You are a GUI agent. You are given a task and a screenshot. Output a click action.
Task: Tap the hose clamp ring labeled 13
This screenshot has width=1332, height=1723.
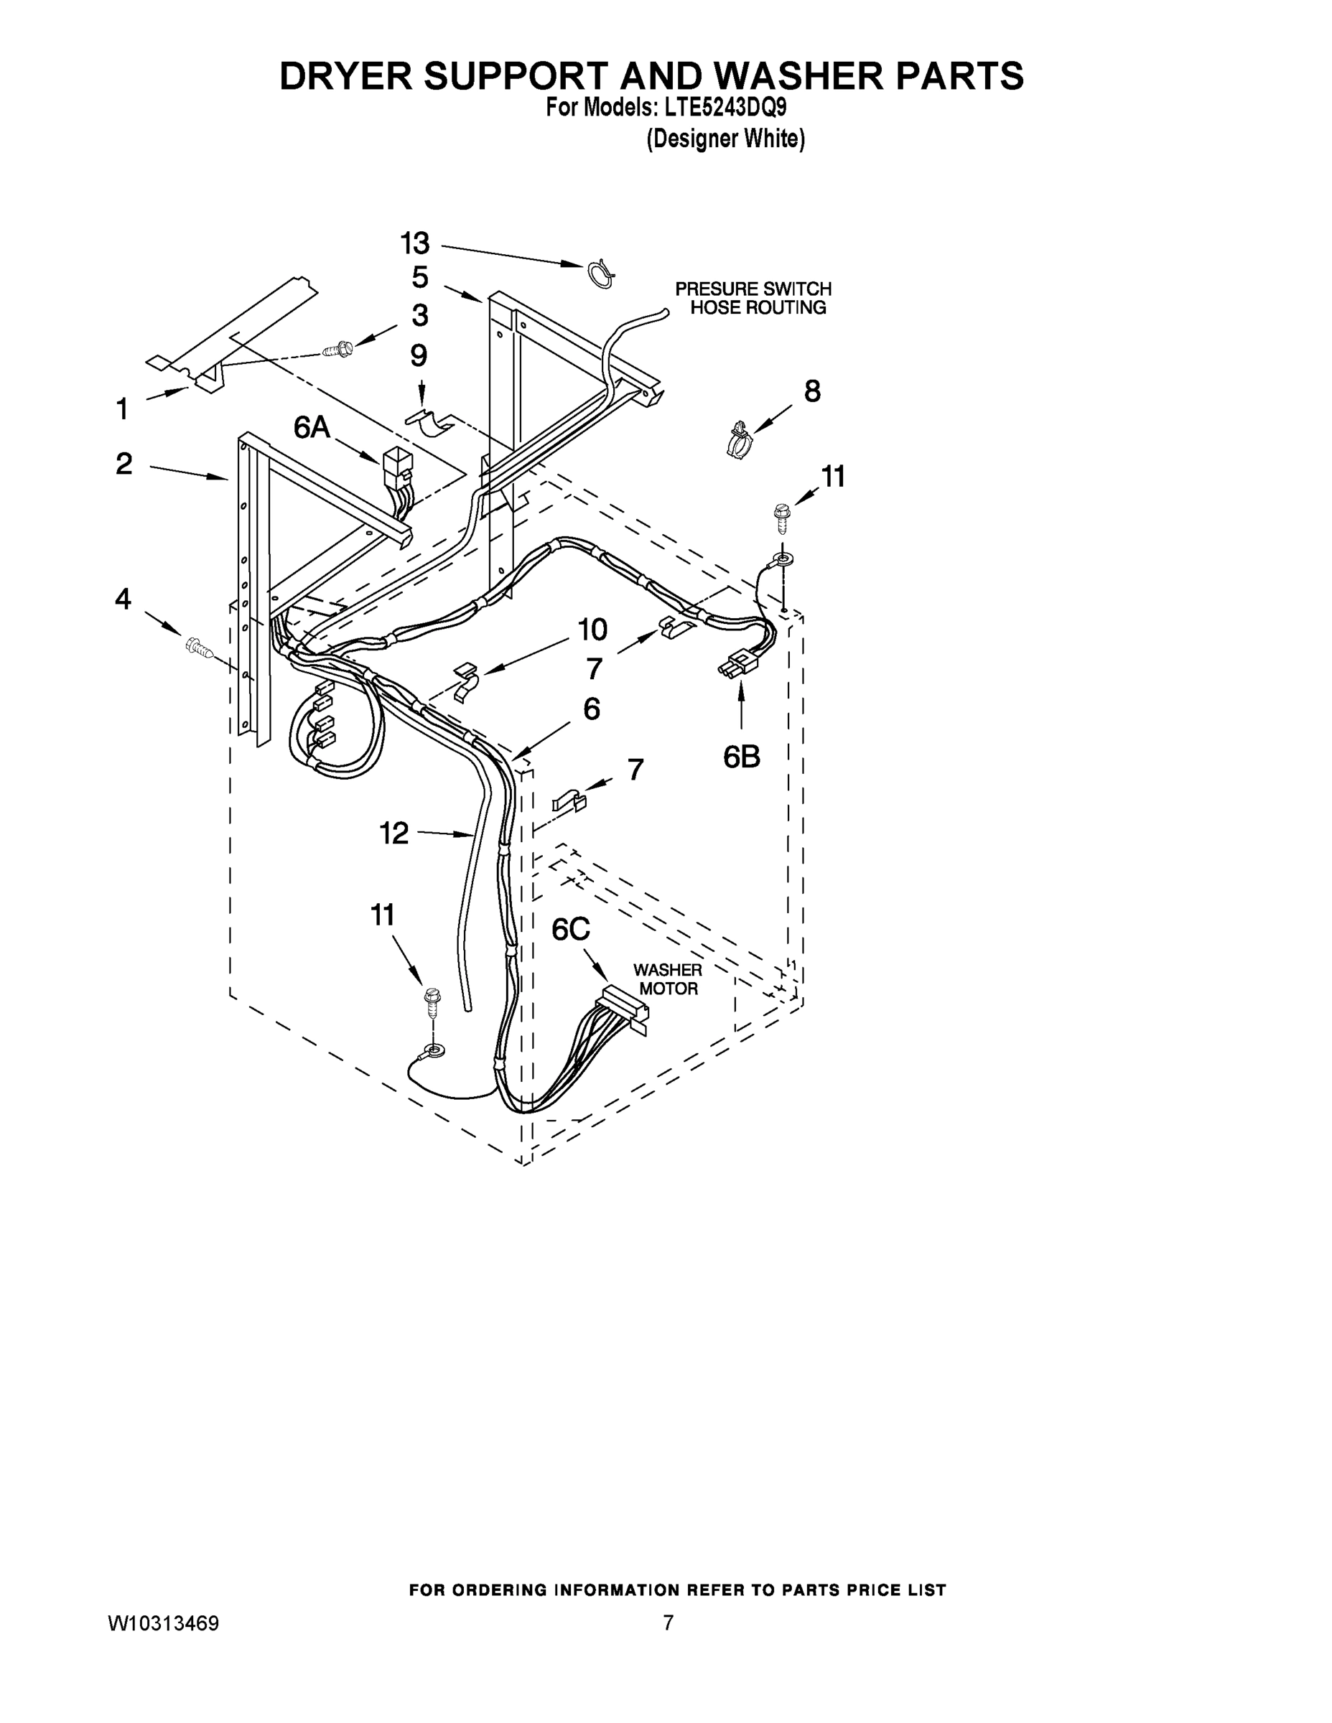[x=602, y=274]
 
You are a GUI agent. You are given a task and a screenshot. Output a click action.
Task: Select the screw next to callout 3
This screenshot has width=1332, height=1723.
[x=337, y=347]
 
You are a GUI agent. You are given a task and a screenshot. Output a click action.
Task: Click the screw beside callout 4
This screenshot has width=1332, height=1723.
[x=199, y=648]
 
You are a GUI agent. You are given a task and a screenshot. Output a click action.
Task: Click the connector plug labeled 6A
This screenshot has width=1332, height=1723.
[x=394, y=469]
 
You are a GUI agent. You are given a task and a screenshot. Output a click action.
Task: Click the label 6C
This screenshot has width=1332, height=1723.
[x=571, y=930]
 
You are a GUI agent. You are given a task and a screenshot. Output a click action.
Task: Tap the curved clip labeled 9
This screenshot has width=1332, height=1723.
[x=432, y=423]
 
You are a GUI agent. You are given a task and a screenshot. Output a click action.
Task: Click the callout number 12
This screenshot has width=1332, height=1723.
[x=394, y=832]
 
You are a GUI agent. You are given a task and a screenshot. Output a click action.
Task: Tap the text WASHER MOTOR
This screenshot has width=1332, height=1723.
[x=668, y=979]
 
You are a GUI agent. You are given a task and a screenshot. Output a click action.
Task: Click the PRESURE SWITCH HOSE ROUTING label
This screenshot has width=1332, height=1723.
[x=753, y=298]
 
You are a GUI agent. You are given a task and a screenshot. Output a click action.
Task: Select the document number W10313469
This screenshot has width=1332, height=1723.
[x=163, y=1622]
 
